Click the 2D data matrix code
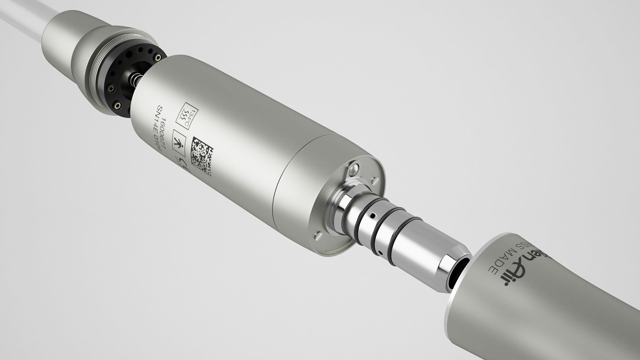coord(202,156)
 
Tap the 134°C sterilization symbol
coord(187,116)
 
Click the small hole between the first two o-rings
coord(373,215)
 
